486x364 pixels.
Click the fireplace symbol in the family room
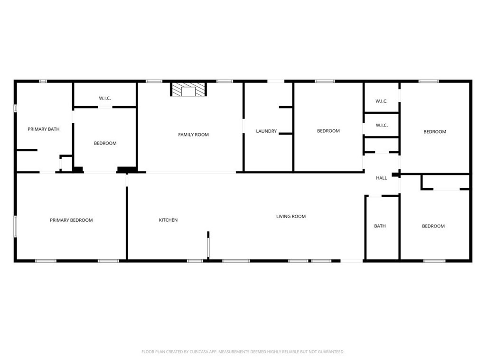click(x=188, y=89)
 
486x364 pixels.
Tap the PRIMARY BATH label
click(x=44, y=129)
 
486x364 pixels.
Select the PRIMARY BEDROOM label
click(x=71, y=220)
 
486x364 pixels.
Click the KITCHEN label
click(x=168, y=220)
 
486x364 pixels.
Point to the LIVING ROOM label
click(x=291, y=216)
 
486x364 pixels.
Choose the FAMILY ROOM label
click(x=194, y=135)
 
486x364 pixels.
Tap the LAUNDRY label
click(x=266, y=131)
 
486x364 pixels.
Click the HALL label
click(x=382, y=178)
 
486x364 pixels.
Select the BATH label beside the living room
click(x=380, y=226)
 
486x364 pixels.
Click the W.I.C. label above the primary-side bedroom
click(x=105, y=99)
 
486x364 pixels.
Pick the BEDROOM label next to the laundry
click(x=328, y=131)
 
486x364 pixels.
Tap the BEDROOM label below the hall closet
click(x=433, y=226)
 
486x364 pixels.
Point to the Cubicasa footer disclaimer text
click(x=243, y=352)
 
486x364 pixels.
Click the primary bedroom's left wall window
click(x=15, y=227)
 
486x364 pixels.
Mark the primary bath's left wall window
click(x=15, y=109)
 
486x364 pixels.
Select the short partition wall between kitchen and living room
click(x=208, y=245)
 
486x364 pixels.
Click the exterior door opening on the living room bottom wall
click(x=352, y=261)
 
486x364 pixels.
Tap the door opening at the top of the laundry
click(x=276, y=81)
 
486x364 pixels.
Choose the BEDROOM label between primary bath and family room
click(x=105, y=143)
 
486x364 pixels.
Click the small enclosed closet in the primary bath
click(x=66, y=163)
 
